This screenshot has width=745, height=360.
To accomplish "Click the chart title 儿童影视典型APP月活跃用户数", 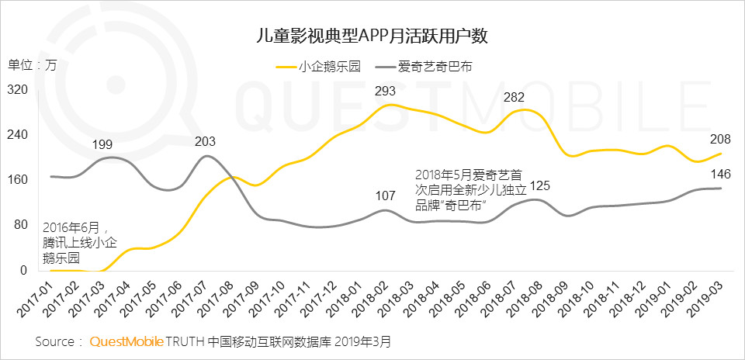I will pos(372,36).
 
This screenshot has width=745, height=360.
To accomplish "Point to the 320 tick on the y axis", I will pos(18,91).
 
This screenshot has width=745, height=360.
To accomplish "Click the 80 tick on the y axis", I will pos(21,226).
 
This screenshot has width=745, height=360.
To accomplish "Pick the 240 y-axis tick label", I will pos(18,135).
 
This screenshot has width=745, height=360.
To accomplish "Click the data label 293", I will pos(386,91).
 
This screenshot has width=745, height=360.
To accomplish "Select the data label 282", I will pos(515,97).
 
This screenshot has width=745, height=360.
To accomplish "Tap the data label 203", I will pos(205,141).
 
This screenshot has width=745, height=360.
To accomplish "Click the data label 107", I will pos(386,195).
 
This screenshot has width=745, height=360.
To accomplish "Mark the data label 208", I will pos(718,139).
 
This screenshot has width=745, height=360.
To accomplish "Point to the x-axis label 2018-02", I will pos(369,299).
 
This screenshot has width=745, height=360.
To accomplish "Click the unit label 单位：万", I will pos(33,64).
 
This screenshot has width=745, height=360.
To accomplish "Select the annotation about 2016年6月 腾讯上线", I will pos(73,243).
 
